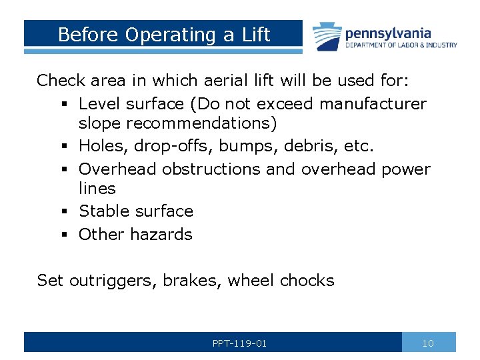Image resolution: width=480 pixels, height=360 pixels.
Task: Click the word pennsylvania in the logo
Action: pos(387,33)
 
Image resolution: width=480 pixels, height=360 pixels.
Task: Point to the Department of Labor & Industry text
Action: pos(401,45)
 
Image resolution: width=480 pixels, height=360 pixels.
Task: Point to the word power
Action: pos(406,170)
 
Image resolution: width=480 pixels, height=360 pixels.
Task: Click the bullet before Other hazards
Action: pos(61,235)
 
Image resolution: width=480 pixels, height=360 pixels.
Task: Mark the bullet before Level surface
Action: pos(61,105)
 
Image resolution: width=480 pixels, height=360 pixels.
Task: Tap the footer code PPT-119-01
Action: pos(239,343)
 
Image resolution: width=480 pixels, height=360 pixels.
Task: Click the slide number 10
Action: pos(428,343)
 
